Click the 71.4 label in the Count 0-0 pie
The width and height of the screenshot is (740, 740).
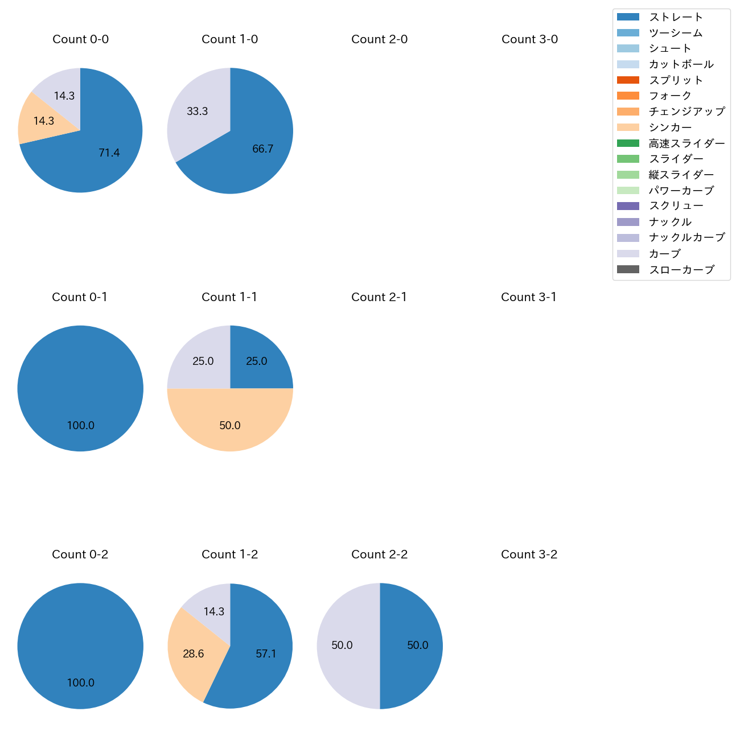point(109,153)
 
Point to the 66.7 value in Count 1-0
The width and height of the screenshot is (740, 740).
point(262,149)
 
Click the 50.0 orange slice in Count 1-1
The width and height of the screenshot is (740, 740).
point(230,424)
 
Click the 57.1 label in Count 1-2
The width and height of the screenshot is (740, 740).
point(266,653)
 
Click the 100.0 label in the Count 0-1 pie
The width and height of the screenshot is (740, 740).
point(80,425)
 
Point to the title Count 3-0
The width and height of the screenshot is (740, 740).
point(529,39)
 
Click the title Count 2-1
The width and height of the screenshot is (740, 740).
point(379,297)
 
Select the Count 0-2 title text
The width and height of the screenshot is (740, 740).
point(80,554)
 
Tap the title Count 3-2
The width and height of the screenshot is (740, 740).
point(529,554)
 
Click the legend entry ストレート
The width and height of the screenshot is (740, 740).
point(676,17)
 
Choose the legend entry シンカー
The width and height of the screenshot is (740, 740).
point(670,128)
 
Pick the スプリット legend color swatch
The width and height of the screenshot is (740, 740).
point(628,80)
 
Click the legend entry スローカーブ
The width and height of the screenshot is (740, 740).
point(681,270)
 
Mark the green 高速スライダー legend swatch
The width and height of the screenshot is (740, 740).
point(628,143)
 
